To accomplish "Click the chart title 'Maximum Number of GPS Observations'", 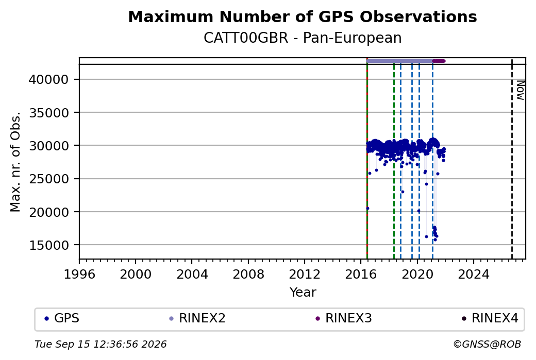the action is [x=303, y=16].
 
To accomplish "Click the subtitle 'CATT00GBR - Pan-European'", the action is [x=303, y=38].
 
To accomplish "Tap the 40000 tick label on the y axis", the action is [x=49, y=80].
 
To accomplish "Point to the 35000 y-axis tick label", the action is [x=49, y=113].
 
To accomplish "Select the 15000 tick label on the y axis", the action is [x=49, y=245].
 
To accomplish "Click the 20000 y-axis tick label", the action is [x=49, y=212].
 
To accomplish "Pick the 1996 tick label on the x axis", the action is [x=79, y=274].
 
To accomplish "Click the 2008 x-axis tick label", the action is [x=248, y=274].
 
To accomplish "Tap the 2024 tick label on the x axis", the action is [x=474, y=274].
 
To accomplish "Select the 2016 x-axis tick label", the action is [x=361, y=274].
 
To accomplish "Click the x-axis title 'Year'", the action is [x=303, y=293].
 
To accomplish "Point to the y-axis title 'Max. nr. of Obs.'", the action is [x=15, y=162].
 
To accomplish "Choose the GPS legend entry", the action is [x=62, y=318].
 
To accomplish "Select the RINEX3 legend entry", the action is [x=344, y=318].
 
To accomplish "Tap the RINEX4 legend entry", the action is [x=491, y=318].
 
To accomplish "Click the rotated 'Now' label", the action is [x=520, y=90].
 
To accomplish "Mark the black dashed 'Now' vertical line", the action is [x=512, y=159].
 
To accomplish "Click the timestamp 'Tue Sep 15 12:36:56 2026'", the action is [x=100, y=344].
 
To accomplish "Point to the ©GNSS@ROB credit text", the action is [x=487, y=344].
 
